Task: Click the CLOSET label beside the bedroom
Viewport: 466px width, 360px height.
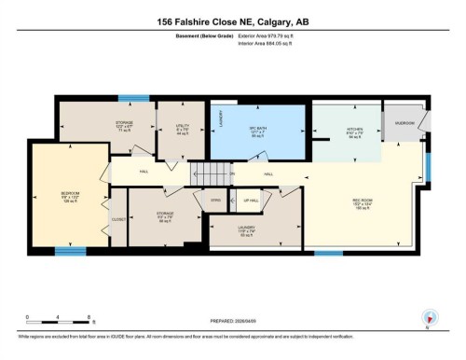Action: [x=117, y=220]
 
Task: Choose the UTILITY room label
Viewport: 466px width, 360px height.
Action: [x=183, y=127]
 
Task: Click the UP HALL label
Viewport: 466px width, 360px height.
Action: [x=251, y=201]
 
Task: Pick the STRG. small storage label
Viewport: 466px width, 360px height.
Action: [x=215, y=200]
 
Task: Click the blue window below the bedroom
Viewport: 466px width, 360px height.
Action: [x=64, y=250]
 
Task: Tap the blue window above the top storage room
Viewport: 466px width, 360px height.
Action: [x=134, y=98]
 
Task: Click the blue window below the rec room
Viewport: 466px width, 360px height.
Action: [x=328, y=252]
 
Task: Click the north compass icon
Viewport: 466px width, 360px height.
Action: [x=429, y=317]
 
